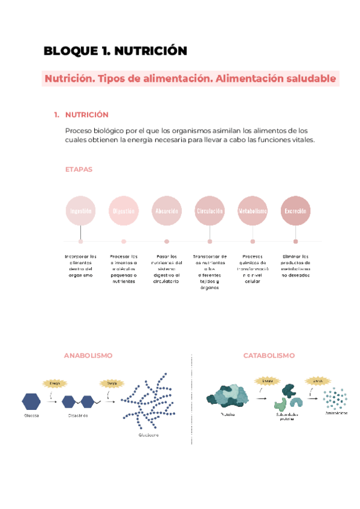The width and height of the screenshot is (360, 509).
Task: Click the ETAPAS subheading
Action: coord(79,169)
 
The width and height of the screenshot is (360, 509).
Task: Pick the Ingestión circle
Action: coord(80,211)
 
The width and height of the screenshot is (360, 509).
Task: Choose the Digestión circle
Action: coord(124,211)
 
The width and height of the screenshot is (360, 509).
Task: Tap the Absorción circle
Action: coord(167,211)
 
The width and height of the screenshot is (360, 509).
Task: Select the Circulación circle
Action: coord(209,211)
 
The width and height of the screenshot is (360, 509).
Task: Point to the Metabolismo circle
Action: coord(253,211)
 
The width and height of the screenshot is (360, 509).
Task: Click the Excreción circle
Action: coord(296,211)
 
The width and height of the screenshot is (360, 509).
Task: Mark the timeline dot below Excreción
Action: coord(296,241)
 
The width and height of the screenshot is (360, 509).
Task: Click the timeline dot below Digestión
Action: coord(124,241)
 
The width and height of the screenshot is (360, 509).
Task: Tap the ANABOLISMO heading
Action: coord(88,355)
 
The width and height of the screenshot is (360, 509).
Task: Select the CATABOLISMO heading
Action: coord(269,355)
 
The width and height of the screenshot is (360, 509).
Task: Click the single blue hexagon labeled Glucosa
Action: coord(32,402)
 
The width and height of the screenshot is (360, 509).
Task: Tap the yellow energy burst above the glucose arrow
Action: coord(54,382)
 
